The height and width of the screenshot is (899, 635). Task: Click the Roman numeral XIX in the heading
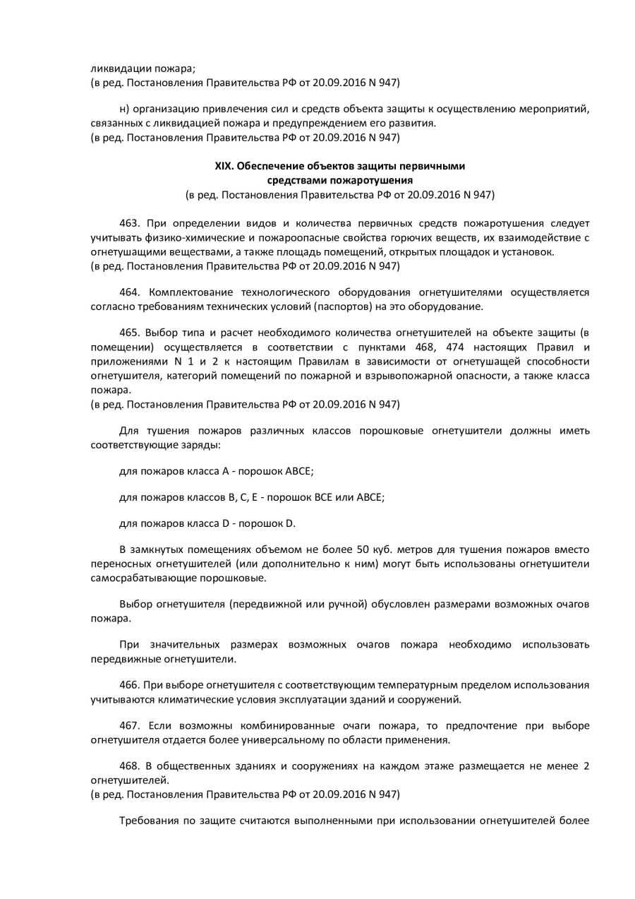pyautogui.click(x=224, y=167)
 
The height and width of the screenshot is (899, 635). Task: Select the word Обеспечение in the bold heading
pyautogui.click(x=271, y=167)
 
